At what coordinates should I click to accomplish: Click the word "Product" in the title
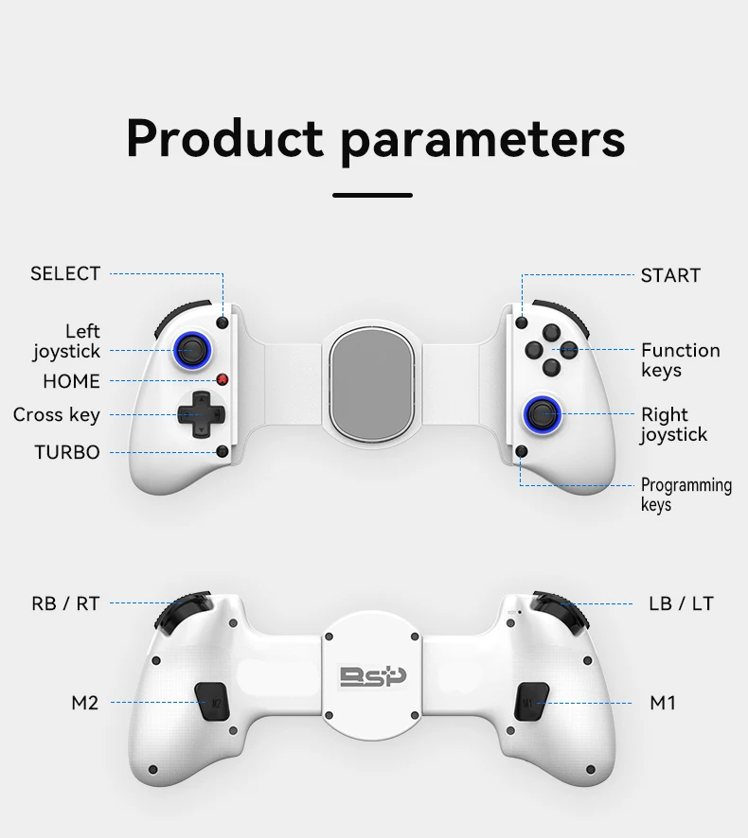click(224, 138)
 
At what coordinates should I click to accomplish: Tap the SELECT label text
click(65, 273)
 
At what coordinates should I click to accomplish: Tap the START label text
click(670, 275)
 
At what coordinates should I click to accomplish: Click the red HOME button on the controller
click(223, 380)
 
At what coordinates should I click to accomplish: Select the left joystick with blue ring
click(192, 351)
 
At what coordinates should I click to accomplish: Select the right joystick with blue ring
click(543, 413)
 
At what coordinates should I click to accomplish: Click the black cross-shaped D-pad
click(201, 414)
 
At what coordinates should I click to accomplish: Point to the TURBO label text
click(67, 452)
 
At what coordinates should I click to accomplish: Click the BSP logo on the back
click(373, 677)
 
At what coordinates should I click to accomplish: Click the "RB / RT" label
click(65, 603)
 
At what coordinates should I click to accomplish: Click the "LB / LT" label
click(681, 603)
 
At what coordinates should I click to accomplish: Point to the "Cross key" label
click(56, 414)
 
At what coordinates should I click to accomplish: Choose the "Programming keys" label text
click(686, 495)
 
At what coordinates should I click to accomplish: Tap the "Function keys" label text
click(680, 359)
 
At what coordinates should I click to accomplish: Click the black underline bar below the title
click(372, 195)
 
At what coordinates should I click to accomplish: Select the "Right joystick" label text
click(673, 425)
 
